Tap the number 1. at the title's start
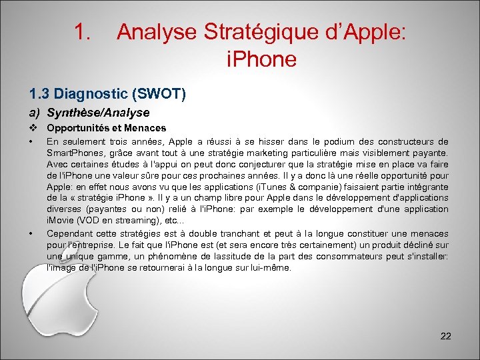pyautogui.click(x=83, y=32)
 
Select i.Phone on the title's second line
pyautogui.click(x=261, y=59)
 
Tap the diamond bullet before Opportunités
pyautogui.click(x=31, y=127)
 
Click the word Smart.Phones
pyautogui.click(x=72, y=153)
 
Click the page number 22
pyautogui.click(x=446, y=336)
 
